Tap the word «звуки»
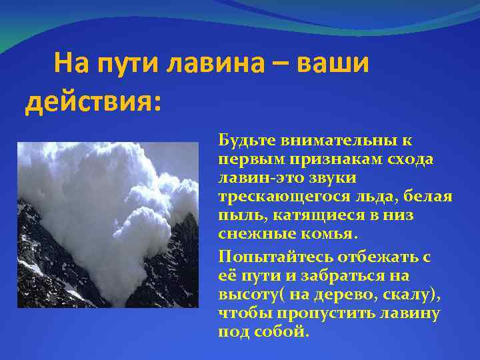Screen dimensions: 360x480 pyautogui.click(x=332, y=179)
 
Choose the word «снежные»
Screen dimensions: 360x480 pyautogui.click(x=250, y=235)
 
